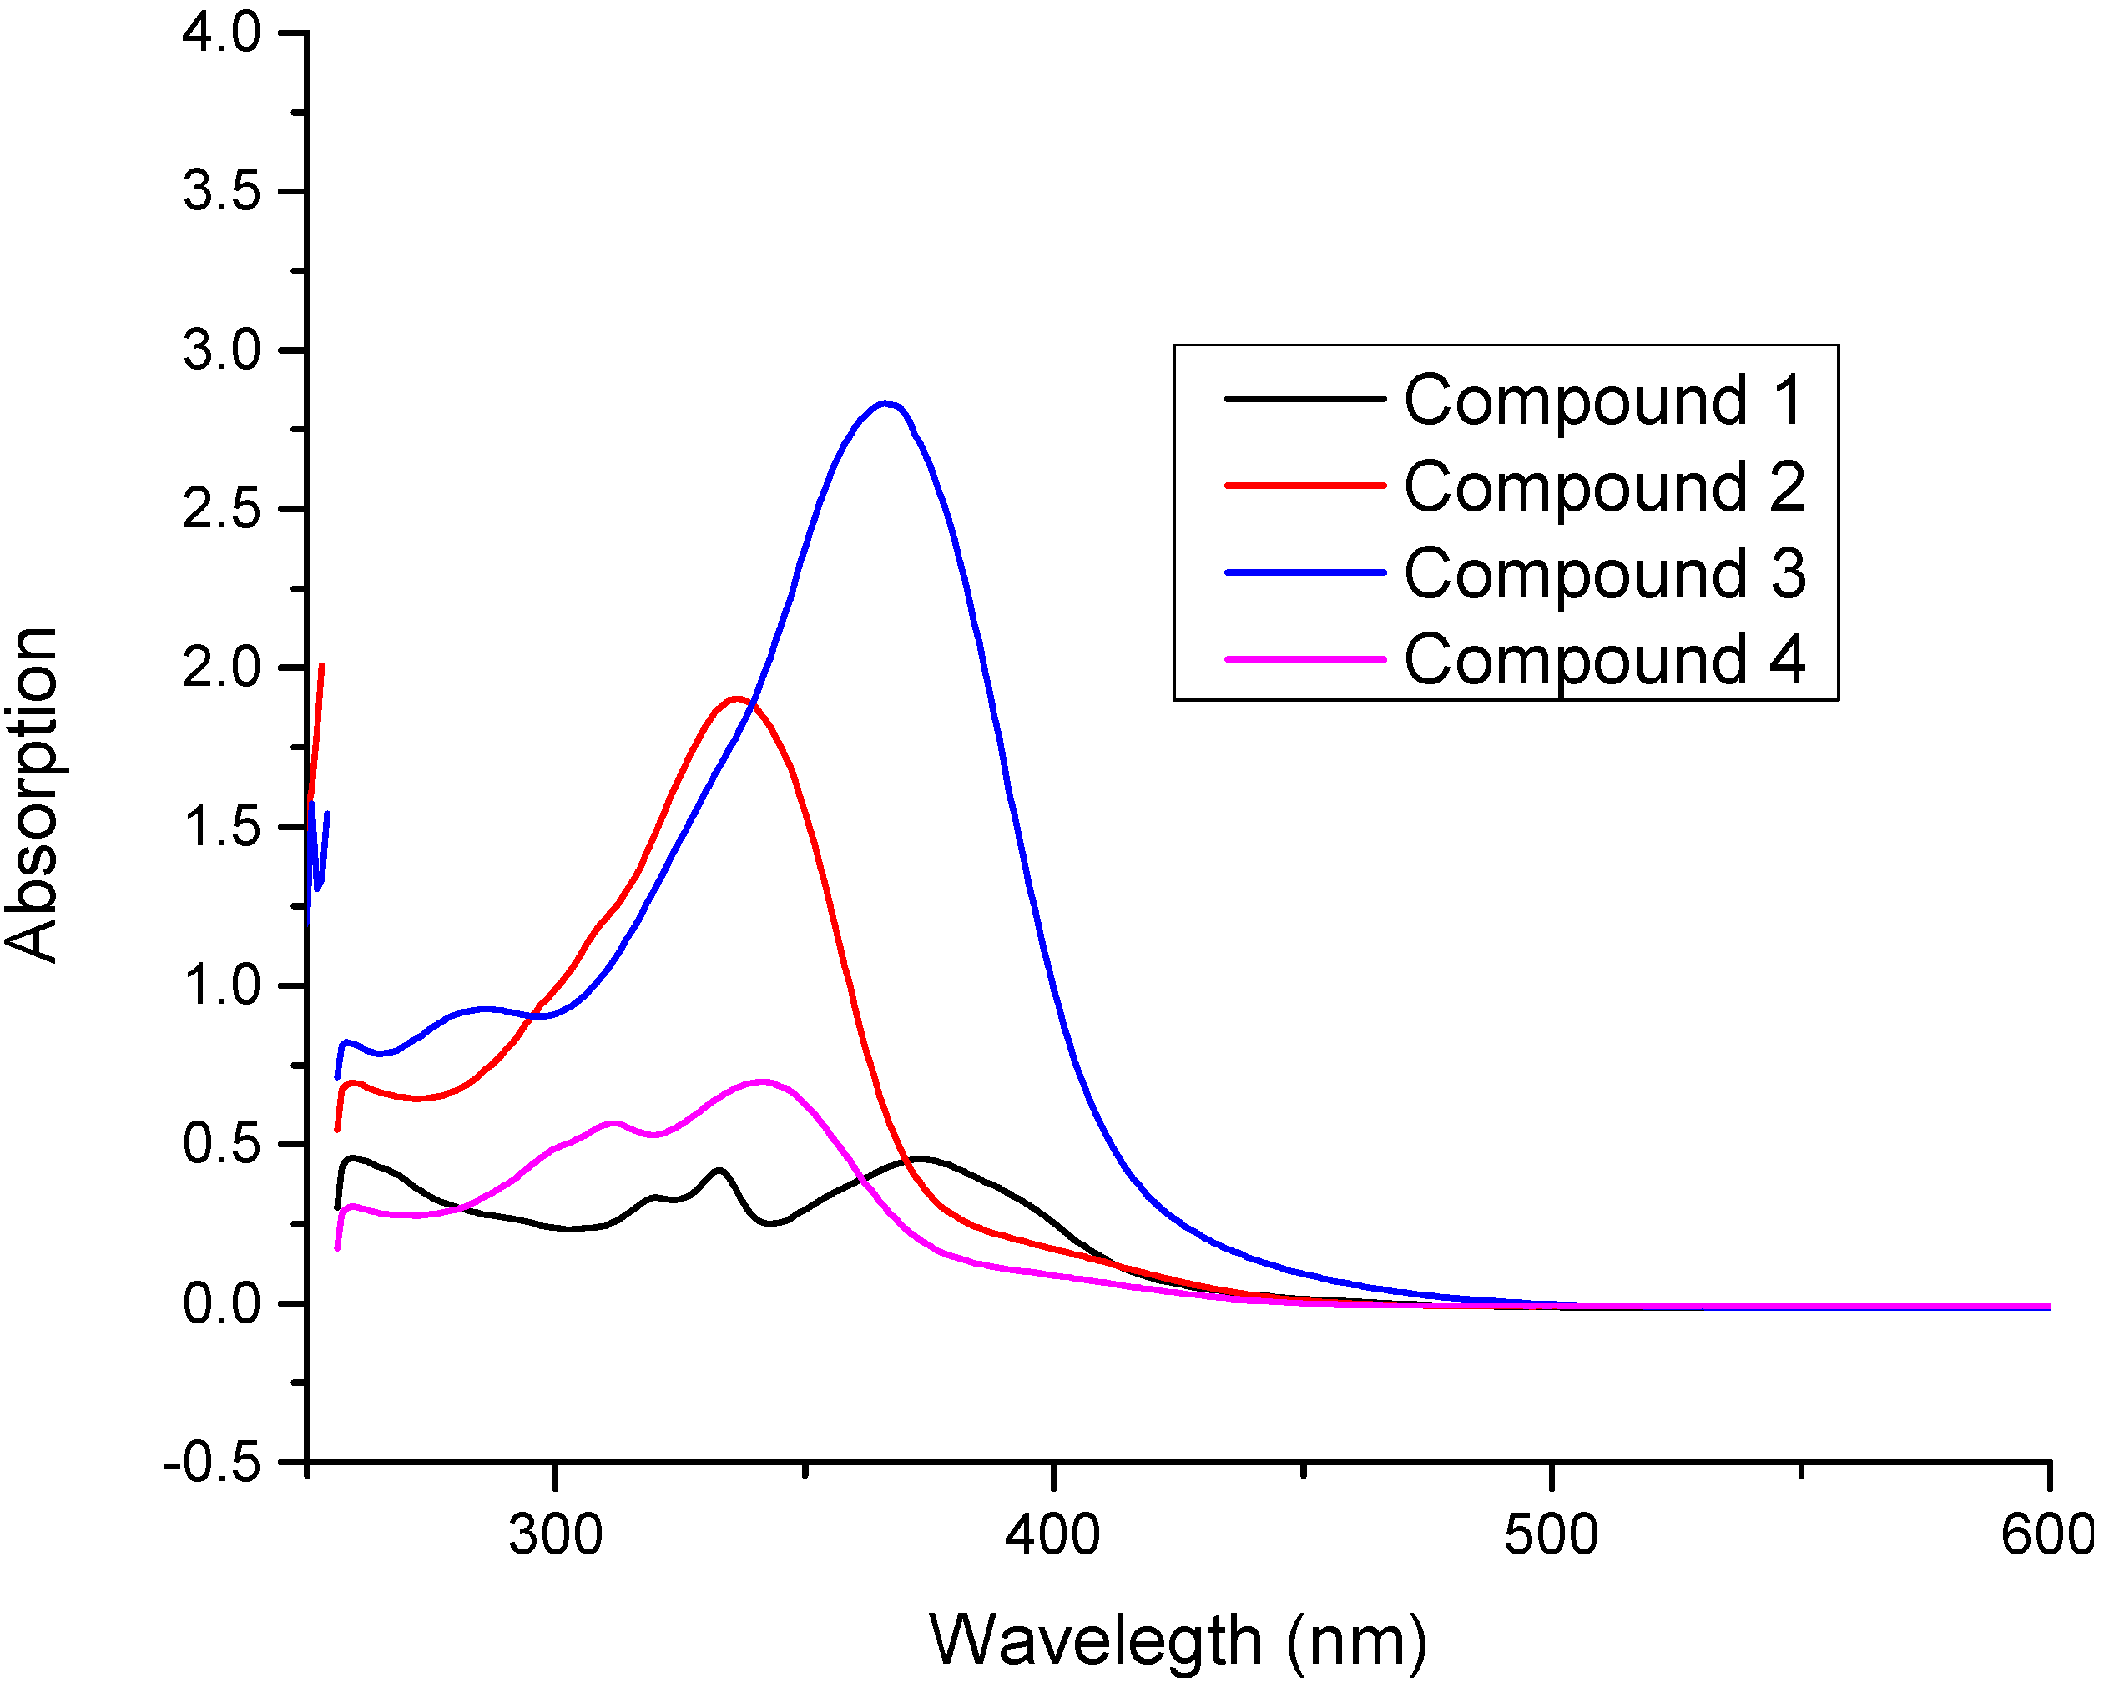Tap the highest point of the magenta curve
click(762, 1081)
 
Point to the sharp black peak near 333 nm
click(720, 1170)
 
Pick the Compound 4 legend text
click(1603, 659)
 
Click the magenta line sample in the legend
click(1304, 659)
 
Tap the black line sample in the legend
click(1304, 399)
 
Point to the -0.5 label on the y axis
click(212, 1463)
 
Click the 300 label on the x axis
click(555, 1534)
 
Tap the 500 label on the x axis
click(1551, 1534)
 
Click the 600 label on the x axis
click(2046, 1534)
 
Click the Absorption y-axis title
click(31, 795)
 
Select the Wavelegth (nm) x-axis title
click(1178, 1640)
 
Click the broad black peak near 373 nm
click(921, 1159)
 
